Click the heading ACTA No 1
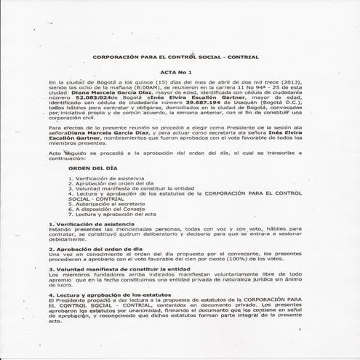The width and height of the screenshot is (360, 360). coord(179,73)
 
